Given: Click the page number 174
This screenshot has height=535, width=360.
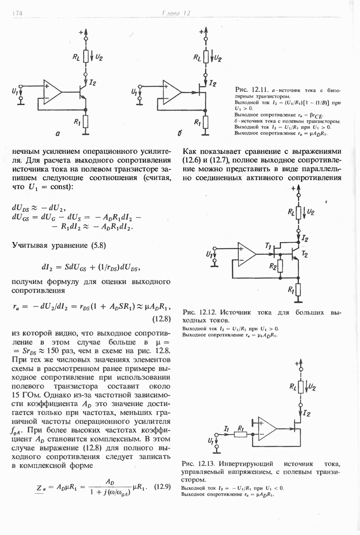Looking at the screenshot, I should [x=17, y=13].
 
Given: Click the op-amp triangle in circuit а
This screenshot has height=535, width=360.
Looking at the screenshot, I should [x=53, y=93].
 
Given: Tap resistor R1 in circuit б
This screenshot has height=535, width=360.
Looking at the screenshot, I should [x=205, y=122].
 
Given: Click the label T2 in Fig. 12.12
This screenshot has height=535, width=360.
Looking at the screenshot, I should [x=305, y=254].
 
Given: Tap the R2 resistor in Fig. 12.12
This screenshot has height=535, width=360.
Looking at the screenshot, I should [x=280, y=267].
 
